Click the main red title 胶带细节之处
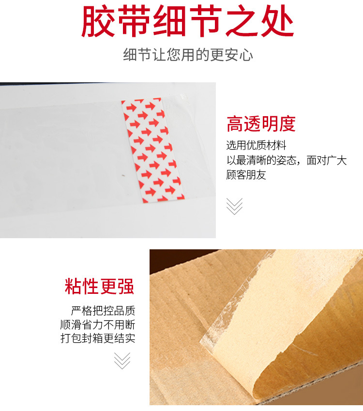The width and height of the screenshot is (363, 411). coord(187,22)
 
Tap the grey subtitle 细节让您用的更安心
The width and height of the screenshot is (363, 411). coord(188,55)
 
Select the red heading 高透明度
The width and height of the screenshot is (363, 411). coord(261,124)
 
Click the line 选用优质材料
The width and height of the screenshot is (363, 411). coord(256,145)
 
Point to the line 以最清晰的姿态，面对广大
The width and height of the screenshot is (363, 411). coord(287,160)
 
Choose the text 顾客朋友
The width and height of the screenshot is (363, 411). coord(246,175)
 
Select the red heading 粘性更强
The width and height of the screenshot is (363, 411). coord(100,286)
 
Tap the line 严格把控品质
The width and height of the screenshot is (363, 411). coord(103,310)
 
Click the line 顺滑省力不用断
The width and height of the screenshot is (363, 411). coord(98,324)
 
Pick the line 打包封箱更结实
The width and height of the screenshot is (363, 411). coord(98,338)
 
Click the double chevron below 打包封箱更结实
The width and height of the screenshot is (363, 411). coord(122,360)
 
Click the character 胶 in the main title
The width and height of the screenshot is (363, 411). coord(99,22)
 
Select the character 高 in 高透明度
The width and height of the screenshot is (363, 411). coord(235,124)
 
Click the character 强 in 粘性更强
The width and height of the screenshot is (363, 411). coord(126,286)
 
